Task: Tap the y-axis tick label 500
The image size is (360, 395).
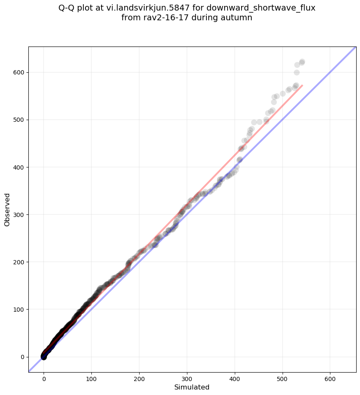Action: coord(18,120)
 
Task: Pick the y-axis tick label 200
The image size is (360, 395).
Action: coord(18,262)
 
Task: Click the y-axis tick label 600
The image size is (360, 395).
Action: coord(18,72)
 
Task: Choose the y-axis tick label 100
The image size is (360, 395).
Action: coord(18,309)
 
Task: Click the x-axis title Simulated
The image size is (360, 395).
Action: coord(192,387)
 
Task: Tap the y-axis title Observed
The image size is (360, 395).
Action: coord(7,209)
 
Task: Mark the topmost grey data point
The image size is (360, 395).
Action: coord(302,62)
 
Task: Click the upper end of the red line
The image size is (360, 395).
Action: coord(302,85)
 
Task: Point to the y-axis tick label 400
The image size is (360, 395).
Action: coord(18,167)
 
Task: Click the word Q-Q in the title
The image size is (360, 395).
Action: coord(67,8)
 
